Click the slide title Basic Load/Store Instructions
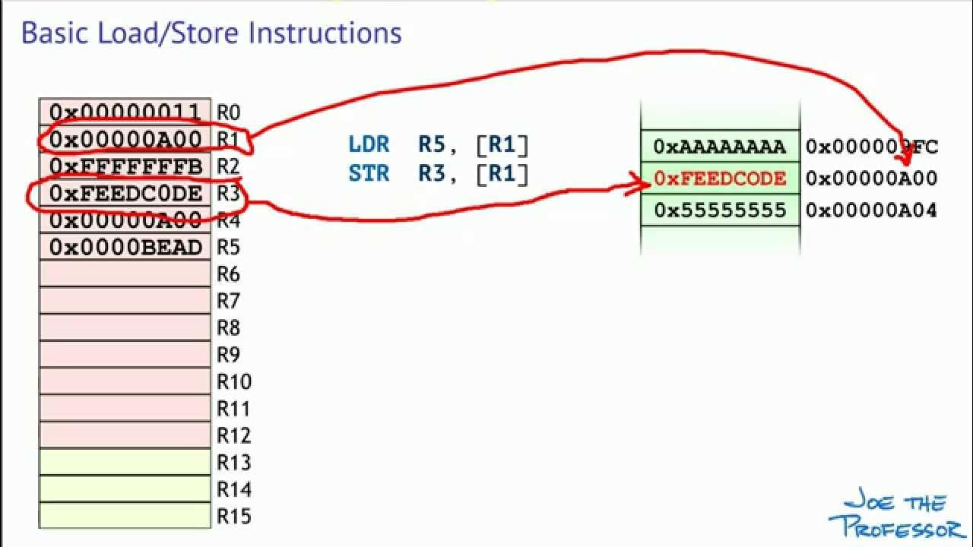211,33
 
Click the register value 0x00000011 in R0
125,112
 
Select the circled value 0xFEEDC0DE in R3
125,194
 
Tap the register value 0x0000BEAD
125,248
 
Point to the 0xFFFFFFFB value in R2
125,166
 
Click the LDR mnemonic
369,144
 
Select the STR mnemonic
369,173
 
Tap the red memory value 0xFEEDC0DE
720,179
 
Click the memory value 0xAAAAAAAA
720,147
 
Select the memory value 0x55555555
720,210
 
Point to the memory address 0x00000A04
871,210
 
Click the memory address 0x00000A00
871,179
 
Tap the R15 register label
233,517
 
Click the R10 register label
233,381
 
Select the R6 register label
229,273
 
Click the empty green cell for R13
125,462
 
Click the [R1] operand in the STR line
502,173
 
